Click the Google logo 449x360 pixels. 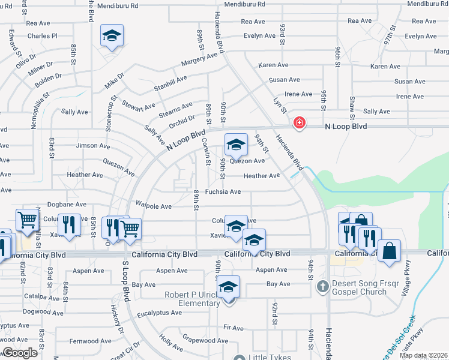pyautogui.click(x=20, y=353)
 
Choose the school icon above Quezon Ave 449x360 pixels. pyautogui.click(x=236, y=145)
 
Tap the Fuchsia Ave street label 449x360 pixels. pyautogui.click(x=223, y=192)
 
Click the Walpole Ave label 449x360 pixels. pyautogui.click(x=154, y=206)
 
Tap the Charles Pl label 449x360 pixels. pyautogui.click(x=42, y=36)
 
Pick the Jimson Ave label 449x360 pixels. pyautogui.click(x=93, y=146)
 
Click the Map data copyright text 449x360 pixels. pyautogui.click(x=424, y=356)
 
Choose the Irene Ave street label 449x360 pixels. pyautogui.click(x=298, y=94)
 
